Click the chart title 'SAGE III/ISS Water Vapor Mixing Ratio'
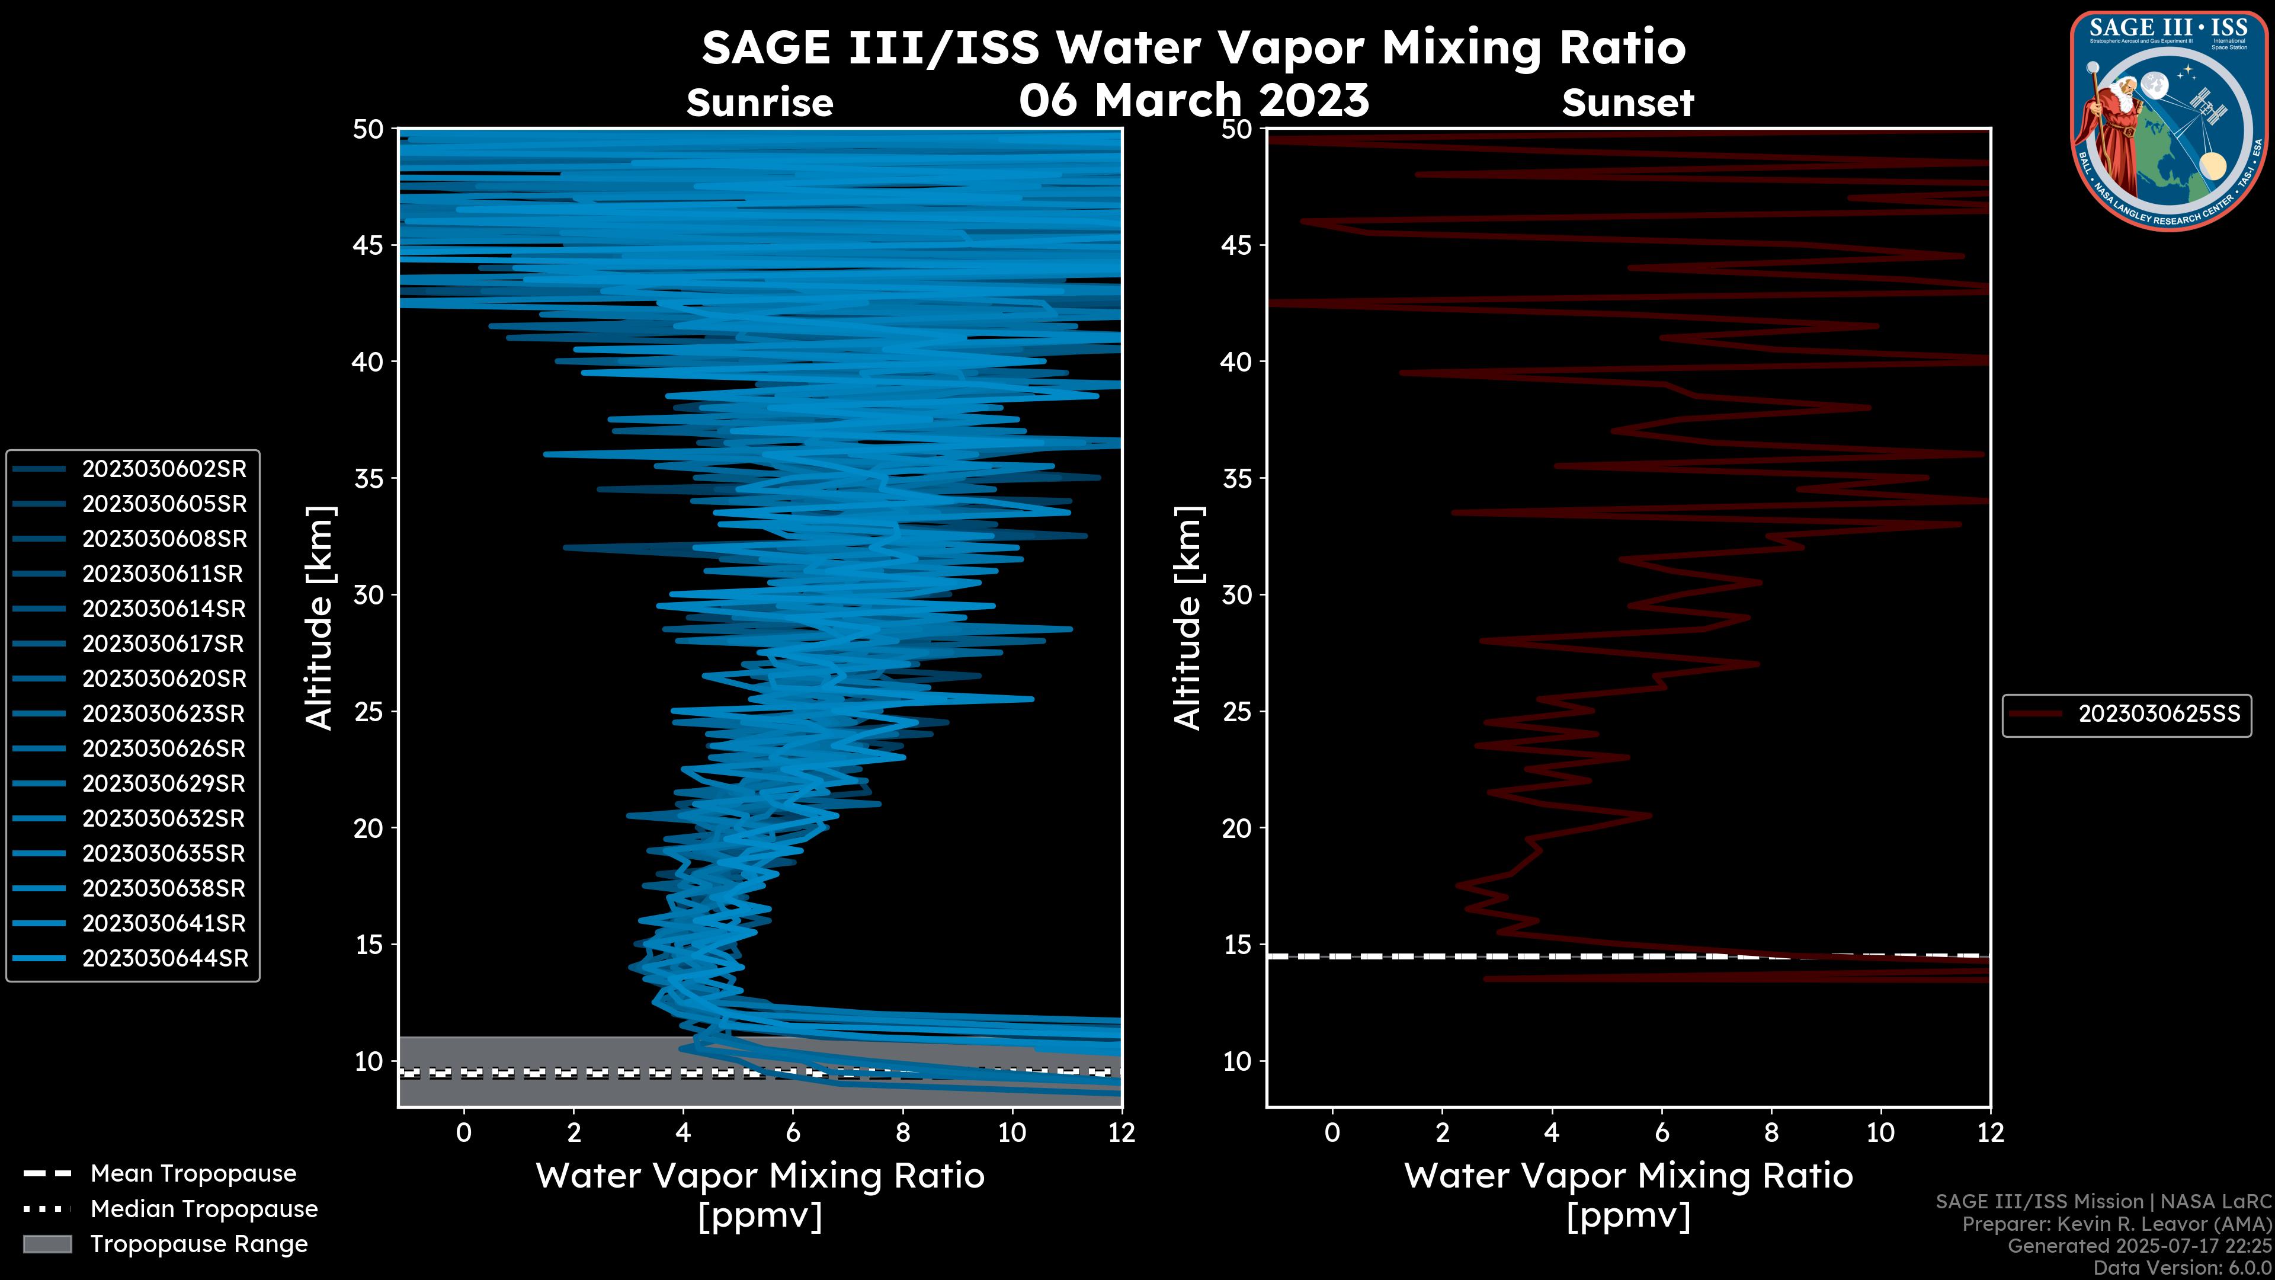tap(1193, 47)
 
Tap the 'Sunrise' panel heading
tap(760, 103)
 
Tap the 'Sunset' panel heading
tap(1627, 103)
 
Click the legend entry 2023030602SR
tap(164, 469)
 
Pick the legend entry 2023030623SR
tap(164, 713)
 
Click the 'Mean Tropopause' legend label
tap(193, 1174)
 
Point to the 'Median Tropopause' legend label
tap(204, 1209)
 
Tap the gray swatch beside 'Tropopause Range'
tap(47, 1244)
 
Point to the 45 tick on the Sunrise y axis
tap(369, 245)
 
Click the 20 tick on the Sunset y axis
tap(1236, 828)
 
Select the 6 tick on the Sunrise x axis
tap(792, 1132)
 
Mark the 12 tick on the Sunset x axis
tap(1990, 1132)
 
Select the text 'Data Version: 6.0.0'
tap(2181, 1268)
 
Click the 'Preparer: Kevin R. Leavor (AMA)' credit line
tap(2116, 1224)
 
